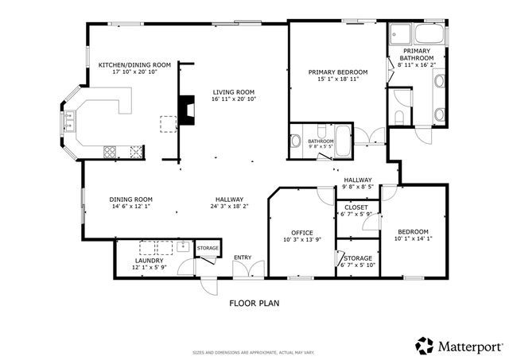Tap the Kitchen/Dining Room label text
pos(134,64)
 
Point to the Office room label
pos(301,232)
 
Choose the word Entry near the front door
pos(242,257)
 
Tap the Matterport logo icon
pos(424,346)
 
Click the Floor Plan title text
pos(254,303)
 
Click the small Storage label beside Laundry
pos(208,249)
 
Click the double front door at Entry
pos(242,271)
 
